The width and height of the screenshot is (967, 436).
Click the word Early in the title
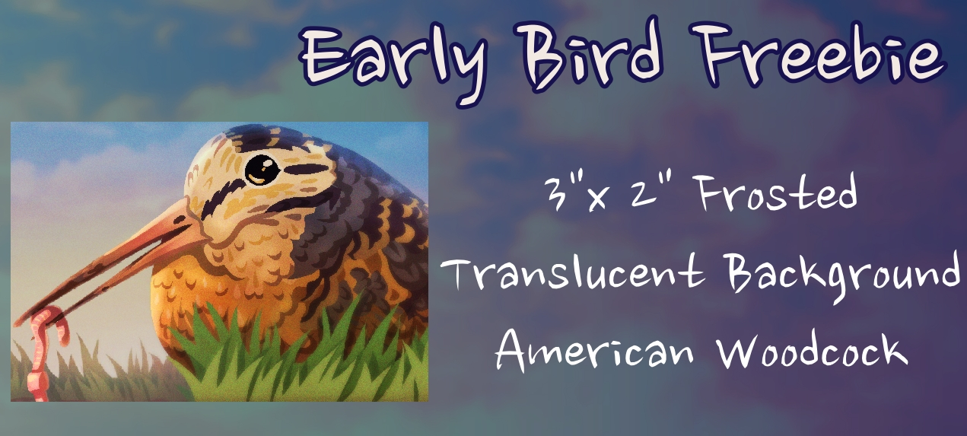click(392, 59)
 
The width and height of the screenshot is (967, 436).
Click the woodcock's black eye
click(262, 170)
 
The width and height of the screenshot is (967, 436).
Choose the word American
click(594, 351)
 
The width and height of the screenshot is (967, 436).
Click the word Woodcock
click(813, 350)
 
